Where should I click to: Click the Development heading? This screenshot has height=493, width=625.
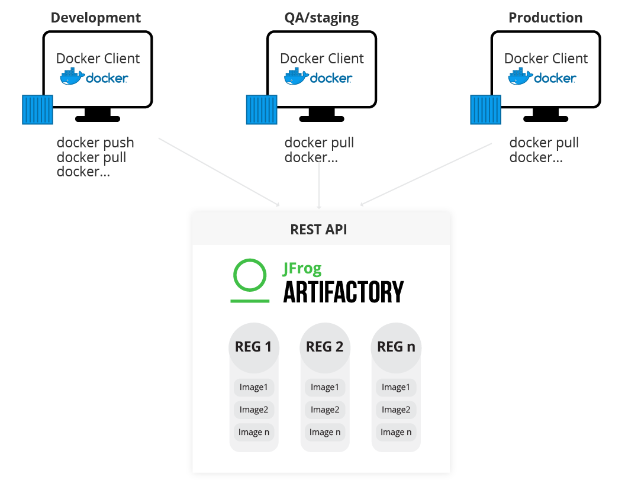[x=96, y=18]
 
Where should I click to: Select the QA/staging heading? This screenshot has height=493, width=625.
[x=321, y=18]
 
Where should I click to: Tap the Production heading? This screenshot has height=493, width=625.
[x=545, y=18]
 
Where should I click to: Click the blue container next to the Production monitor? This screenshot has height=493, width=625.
[x=485, y=109]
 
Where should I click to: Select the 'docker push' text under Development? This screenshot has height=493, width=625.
[x=95, y=143]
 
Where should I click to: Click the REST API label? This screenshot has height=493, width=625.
[x=318, y=230]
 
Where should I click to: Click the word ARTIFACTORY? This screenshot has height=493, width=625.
[x=343, y=292]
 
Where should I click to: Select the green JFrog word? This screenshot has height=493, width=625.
[x=302, y=269]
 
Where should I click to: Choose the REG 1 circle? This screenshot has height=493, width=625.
[x=253, y=347]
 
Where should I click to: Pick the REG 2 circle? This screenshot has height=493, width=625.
[x=324, y=347]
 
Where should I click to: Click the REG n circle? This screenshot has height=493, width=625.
[x=395, y=347]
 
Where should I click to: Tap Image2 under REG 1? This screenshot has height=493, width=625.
[x=253, y=410]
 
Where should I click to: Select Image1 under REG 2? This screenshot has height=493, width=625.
[x=324, y=387]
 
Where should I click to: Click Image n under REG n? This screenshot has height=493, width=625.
[x=395, y=432]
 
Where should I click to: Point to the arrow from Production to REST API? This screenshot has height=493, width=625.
[x=426, y=175]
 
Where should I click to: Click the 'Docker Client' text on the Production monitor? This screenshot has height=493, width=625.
[x=546, y=59]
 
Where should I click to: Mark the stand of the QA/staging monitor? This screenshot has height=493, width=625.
[x=321, y=115]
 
